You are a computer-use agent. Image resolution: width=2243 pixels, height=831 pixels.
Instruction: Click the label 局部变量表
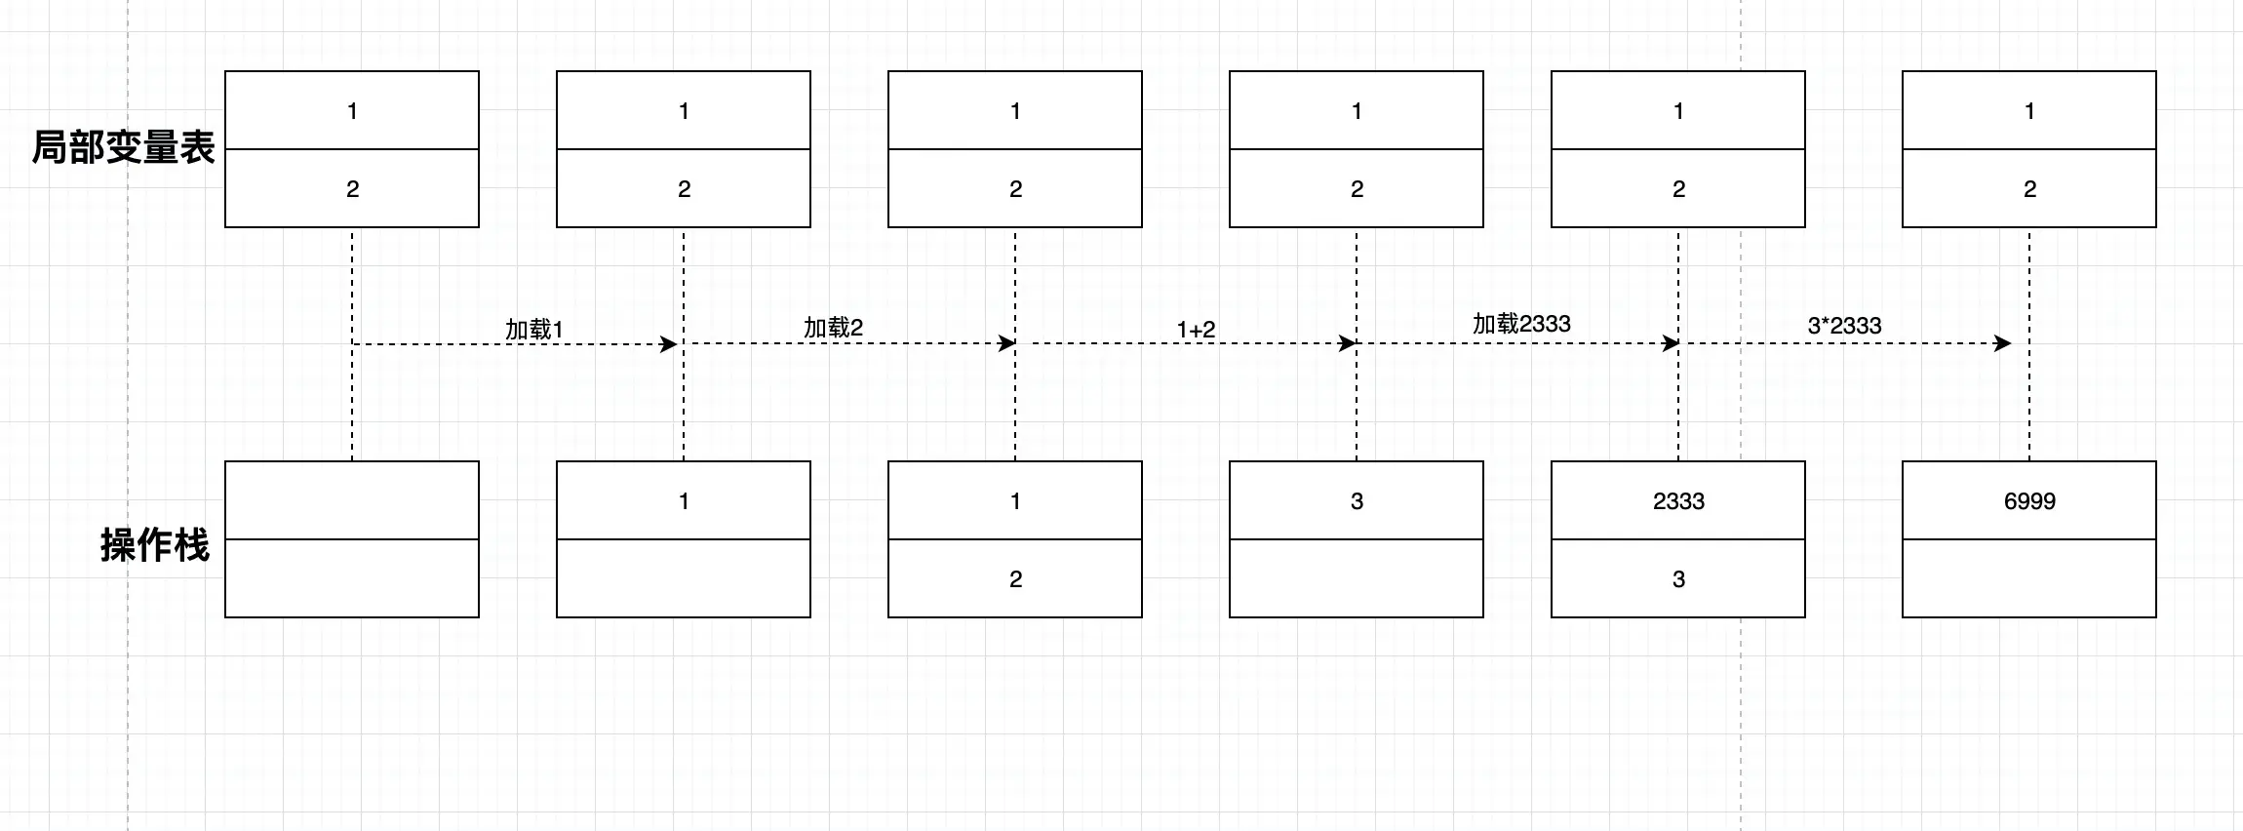tap(123, 148)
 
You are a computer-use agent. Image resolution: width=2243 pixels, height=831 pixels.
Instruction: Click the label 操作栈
tap(154, 545)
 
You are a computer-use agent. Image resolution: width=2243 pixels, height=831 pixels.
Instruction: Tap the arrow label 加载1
tap(533, 330)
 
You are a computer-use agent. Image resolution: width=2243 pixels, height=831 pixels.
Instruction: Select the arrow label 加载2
tap(833, 328)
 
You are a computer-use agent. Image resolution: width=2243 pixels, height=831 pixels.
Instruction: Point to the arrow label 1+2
tap(1196, 330)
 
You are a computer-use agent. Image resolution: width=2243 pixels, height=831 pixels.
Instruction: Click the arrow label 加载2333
tap(1521, 324)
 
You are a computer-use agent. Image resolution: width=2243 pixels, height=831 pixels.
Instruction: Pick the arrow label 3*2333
tap(1844, 326)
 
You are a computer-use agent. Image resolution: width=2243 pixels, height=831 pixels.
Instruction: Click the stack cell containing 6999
tap(2028, 500)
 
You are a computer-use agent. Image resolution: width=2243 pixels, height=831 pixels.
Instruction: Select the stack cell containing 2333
tap(1677, 500)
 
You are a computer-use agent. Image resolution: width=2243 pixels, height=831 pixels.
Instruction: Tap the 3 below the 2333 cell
tap(1677, 578)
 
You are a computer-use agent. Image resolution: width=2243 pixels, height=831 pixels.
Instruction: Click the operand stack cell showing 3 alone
tap(1356, 500)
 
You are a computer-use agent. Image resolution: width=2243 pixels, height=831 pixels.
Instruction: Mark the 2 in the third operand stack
tap(1014, 578)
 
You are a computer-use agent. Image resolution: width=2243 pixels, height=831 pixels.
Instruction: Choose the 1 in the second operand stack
tap(683, 500)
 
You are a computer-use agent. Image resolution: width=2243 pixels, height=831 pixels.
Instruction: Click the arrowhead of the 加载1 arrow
tap(670, 343)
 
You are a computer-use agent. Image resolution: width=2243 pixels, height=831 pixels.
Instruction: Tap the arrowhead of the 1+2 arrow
tap(1349, 343)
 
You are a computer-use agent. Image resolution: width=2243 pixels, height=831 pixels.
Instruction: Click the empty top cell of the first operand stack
tap(351, 500)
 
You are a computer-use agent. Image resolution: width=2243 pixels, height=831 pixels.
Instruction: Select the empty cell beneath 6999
tap(2028, 578)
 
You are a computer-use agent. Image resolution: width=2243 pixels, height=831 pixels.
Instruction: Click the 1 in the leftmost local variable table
tap(351, 110)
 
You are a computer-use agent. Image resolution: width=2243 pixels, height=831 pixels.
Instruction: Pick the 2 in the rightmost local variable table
tap(2028, 188)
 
